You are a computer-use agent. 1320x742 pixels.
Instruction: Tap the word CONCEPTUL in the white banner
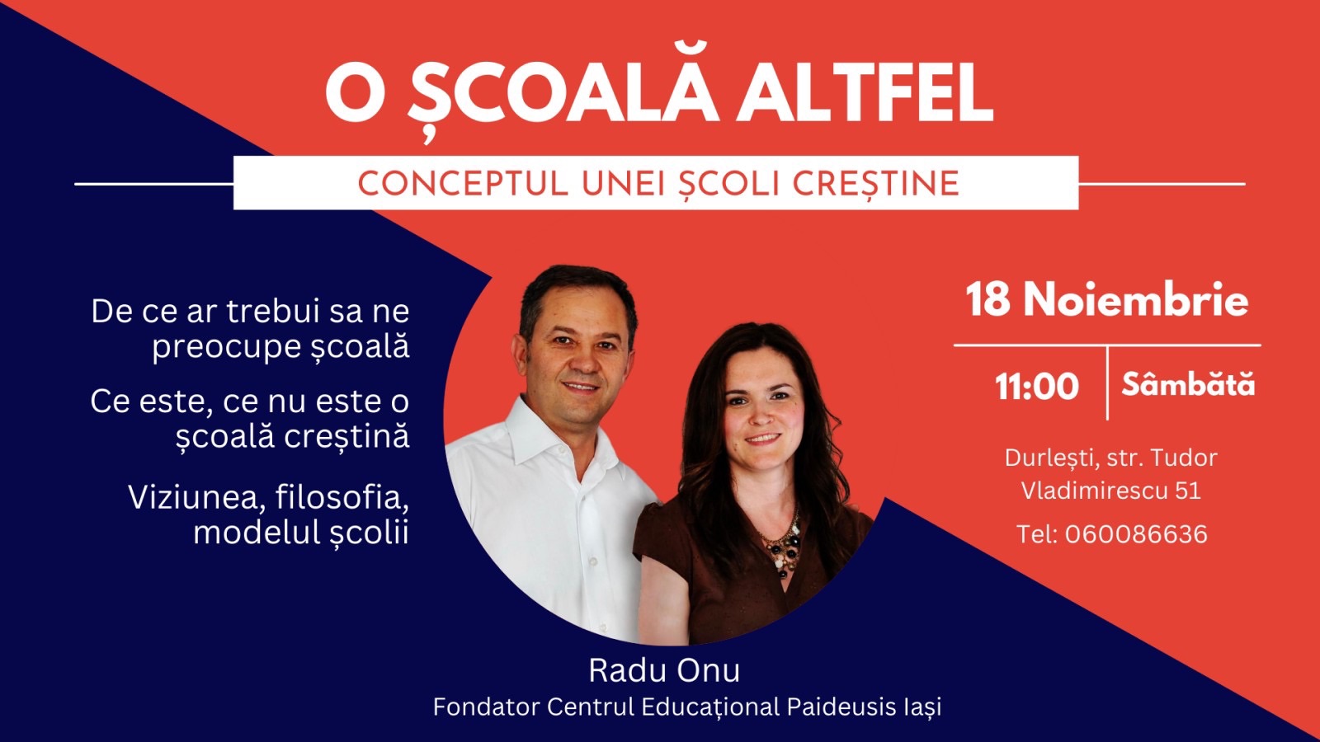click(x=463, y=184)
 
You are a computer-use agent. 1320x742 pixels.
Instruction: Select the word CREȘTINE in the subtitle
click(x=875, y=184)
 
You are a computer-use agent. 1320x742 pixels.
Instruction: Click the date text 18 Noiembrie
click(x=1107, y=300)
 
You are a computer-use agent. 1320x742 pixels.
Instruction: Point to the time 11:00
click(x=1037, y=387)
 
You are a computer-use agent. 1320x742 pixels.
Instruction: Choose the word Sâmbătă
click(x=1188, y=384)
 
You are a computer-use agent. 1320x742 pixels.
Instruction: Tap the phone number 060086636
click(x=1136, y=534)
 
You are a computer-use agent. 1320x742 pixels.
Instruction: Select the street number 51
click(x=1188, y=491)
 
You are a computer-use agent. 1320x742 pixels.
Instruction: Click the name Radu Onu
click(x=664, y=670)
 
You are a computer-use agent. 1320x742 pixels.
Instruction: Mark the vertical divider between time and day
click(x=1108, y=383)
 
